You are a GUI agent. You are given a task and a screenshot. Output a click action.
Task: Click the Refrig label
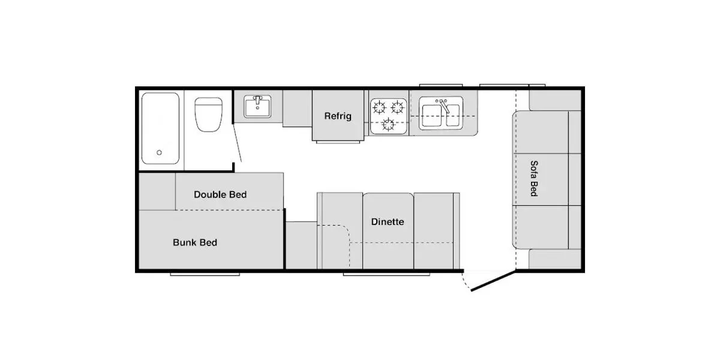click(x=337, y=116)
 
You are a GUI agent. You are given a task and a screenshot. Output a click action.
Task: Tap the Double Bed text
click(x=220, y=194)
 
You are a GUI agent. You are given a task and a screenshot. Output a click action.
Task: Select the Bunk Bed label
click(x=195, y=242)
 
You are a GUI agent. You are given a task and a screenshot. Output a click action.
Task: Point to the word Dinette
click(x=388, y=222)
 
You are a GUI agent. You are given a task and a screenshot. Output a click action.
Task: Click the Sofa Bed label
click(x=534, y=178)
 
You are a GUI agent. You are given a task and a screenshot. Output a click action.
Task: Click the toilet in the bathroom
click(x=208, y=115)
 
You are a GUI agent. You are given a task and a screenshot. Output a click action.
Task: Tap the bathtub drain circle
click(x=159, y=152)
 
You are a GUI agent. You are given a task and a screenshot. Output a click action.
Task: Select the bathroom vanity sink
click(x=257, y=106)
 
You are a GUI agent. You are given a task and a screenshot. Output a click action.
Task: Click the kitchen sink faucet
click(x=444, y=106)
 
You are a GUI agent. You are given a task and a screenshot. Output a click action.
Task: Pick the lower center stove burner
click(x=388, y=124)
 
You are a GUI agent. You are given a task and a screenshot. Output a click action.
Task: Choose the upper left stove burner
click(x=379, y=107)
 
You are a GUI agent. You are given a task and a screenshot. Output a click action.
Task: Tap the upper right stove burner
click(x=397, y=107)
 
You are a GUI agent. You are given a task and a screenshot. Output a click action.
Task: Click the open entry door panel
click(x=493, y=281)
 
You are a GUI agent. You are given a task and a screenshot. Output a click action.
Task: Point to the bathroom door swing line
click(x=237, y=143)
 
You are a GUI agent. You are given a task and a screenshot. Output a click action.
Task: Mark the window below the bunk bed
click(x=205, y=275)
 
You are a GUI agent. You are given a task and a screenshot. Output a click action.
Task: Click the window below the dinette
click(x=386, y=275)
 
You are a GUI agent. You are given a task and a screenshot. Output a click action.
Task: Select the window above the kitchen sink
click(x=440, y=85)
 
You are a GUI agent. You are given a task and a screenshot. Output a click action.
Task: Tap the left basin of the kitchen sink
click(x=431, y=115)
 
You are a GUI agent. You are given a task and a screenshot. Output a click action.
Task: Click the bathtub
click(x=160, y=128)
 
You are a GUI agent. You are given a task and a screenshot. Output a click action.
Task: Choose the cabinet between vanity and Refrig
click(x=298, y=109)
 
